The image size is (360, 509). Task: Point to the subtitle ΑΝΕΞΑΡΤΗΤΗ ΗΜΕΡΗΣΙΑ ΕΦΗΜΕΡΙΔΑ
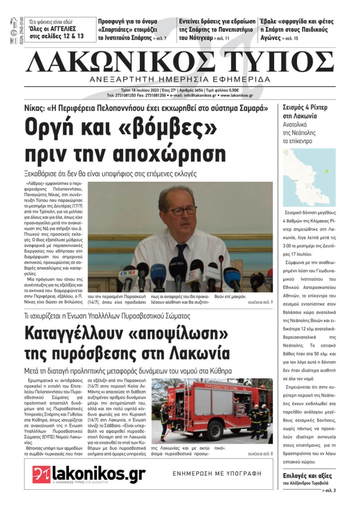(181, 79)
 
